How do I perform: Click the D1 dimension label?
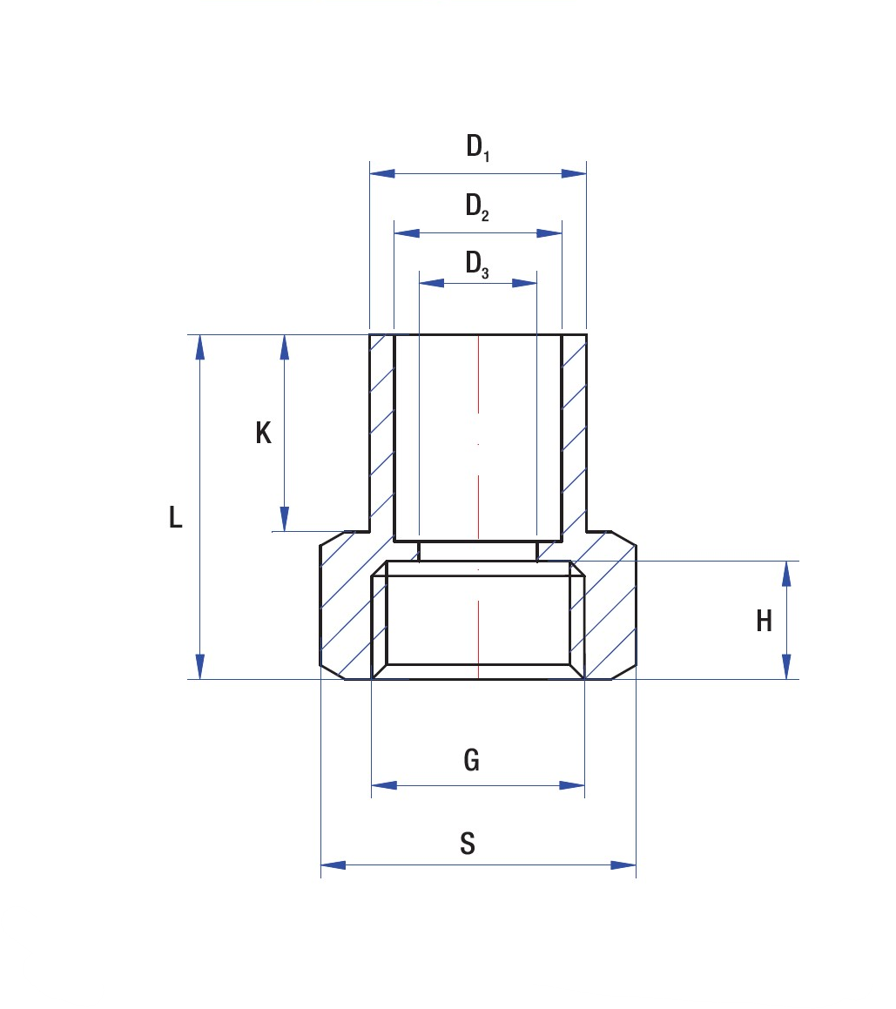tap(478, 147)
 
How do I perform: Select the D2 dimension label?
tap(477, 206)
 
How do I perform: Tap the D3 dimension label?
tap(477, 265)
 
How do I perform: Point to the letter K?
tap(263, 433)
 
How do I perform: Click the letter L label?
tap(175, 517)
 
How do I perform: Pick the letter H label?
tap(764, 621)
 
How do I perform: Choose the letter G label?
tap(472, 760)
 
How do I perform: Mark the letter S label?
tap(468, 843)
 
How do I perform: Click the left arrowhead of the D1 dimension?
tap(382, 174)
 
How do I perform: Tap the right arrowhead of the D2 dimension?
tap(549, 233)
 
